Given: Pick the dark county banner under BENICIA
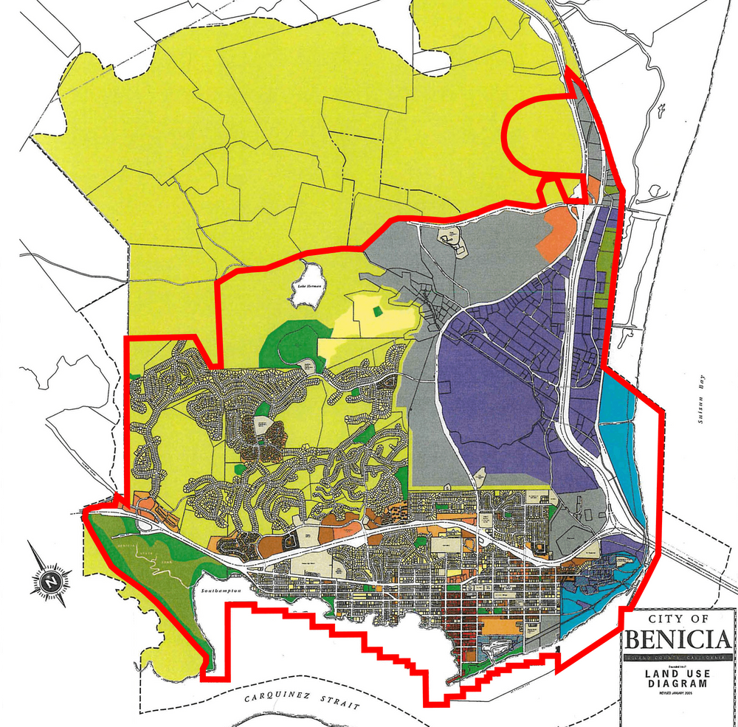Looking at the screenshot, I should (x=678, y=657).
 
